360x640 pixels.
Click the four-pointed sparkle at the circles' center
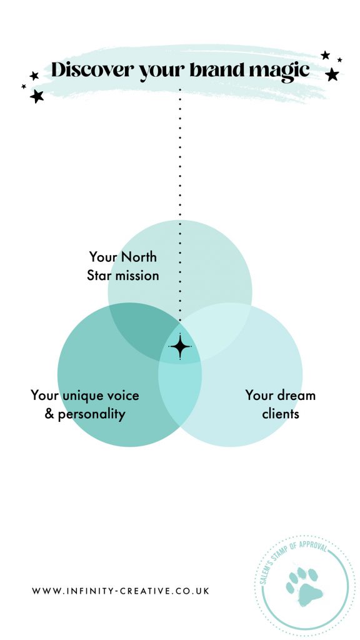click(180, 346)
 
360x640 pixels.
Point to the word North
click(139, 257)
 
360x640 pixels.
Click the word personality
click(91, 415)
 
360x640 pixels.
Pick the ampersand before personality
click(49, 414)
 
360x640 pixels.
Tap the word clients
click(281, 414)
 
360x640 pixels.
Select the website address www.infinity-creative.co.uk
click(121, 591)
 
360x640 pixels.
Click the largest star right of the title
click(332, 74)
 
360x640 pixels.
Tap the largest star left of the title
click(37, 96)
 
